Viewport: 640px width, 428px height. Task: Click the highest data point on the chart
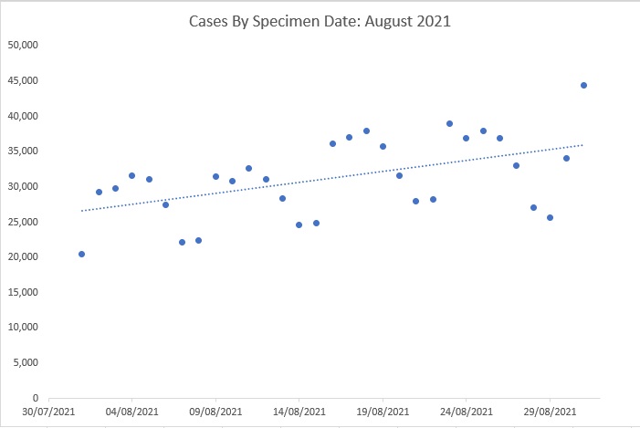point(583,85)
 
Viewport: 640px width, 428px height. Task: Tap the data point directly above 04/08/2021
point(131,175)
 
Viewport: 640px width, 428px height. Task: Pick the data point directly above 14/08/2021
point(299,224)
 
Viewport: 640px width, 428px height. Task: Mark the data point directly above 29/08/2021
point(550,217)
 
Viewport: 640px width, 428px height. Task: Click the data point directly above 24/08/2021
point(466,138)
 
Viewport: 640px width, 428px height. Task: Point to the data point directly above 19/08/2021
point(383,146)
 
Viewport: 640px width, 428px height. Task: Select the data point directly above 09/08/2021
point(215,176)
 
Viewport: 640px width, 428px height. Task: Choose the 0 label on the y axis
point(34,399)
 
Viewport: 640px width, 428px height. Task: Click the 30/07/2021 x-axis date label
point(48,412)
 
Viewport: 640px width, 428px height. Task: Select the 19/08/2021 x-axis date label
point(383,412)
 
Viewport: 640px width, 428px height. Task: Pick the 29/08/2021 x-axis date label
point(550,412)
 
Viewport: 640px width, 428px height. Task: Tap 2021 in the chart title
point(433,20)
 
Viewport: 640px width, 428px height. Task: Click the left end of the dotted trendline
point(82,211)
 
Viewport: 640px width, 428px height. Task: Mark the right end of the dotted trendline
point(583,144)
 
